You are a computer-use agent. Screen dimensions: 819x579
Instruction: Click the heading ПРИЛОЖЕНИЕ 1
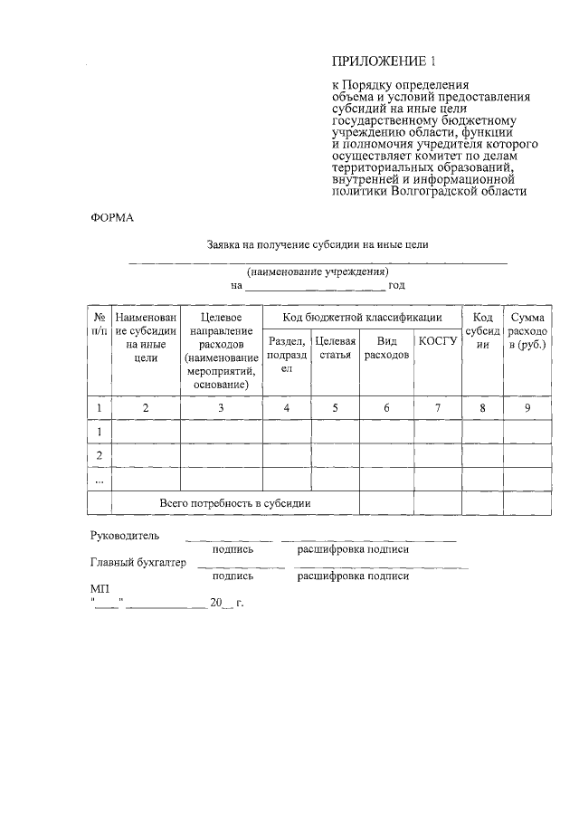click(x=384, y=62)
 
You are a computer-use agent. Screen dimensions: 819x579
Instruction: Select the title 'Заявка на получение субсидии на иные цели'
click(x=317, y=244)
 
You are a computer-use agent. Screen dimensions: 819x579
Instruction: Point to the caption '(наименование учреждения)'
click(x=318, y=271)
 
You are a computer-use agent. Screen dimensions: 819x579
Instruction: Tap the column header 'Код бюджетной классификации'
click(x=361, y=318)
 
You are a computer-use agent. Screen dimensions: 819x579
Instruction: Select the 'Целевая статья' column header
click(x=335, y=348)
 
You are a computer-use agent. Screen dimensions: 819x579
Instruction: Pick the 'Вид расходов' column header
click(x=386, y=348)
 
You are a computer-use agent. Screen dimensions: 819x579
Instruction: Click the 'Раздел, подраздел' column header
click(x=287, y=356)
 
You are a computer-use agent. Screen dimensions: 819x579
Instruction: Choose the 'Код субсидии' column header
click(x=483, y=331)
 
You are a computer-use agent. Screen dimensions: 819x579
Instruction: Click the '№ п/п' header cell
click(x=99, y=324)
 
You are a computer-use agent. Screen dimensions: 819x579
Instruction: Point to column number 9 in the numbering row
click(x=527, y=408)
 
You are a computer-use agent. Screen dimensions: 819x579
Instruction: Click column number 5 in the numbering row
click(x=335, y=408)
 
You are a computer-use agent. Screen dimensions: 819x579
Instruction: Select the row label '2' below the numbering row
click(x=99, y=454)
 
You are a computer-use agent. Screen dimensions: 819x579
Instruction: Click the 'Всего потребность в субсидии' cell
click(x=235, y=502)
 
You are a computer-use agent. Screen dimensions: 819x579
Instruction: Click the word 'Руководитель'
click(x=125, y=536)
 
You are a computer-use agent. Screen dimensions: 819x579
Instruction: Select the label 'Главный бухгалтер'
click(x=138, y=562)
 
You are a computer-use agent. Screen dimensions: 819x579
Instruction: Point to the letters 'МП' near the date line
click(x=100, y=588)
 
